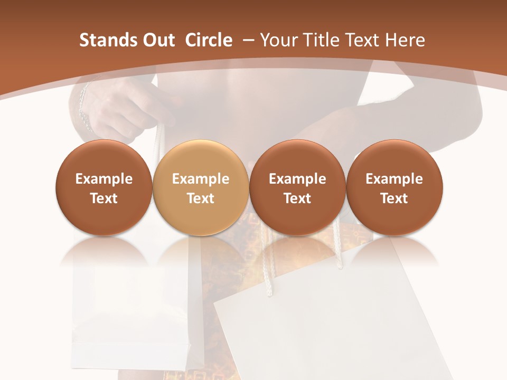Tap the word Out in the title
(x=157, y=40)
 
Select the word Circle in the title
(x=209, y=40)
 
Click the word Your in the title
(x=278, y=40)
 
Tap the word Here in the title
(x=406, y=40)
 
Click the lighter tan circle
(x=201, y=187)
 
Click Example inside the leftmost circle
(x=104, y=179)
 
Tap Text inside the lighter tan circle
(x=201, y=198)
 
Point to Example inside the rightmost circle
(x=395, y=179)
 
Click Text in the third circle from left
(x=297, y=198)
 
